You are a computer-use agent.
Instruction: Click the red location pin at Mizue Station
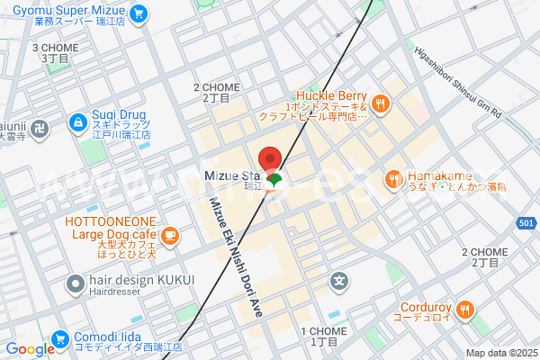click(271, 156)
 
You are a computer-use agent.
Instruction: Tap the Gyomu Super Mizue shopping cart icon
click(138, 13)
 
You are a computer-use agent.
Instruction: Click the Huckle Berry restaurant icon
click(381, 103)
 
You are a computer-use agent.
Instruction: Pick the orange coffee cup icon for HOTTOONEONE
click(169, 236)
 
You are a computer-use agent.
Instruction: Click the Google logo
click(29, 349)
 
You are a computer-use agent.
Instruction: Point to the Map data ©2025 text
click(499, 353)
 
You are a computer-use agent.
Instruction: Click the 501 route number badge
click(527, 222)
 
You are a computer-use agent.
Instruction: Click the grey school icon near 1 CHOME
click(339, 281)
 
